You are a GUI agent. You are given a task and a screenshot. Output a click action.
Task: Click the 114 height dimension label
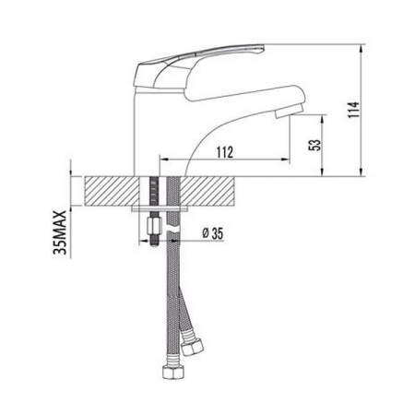pos(353,110)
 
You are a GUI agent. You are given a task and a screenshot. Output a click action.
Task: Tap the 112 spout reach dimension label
pos(225,152)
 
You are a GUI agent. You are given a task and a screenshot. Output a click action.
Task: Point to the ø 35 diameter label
pos(212,233)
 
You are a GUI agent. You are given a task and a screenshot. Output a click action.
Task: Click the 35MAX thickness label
pos(60,232)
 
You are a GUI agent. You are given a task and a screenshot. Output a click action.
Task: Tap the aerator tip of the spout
pos(289,112)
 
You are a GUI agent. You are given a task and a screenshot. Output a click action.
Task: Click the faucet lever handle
pos(196,66)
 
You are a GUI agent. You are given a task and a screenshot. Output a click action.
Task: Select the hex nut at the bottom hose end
pos(174,373)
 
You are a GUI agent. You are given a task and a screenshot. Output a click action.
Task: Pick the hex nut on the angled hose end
pos(192,346)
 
